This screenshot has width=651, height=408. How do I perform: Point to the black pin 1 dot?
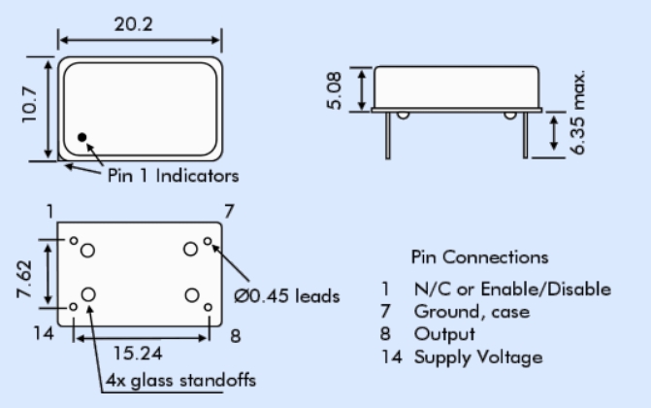[x=82, y=137]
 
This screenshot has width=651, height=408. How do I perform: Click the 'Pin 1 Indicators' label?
[x=171, y=176]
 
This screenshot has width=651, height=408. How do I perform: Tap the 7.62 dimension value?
[x=29, y=273]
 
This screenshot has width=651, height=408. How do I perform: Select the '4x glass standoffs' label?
[x=181, y=380]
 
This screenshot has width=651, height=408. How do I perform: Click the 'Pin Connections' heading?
[x=479, y=257]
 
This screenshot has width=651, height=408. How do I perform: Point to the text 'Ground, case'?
[x=472, y=312]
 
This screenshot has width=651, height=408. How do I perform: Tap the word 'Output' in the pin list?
[x=444, y=334]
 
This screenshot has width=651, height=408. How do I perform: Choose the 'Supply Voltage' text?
[x=478, y=357]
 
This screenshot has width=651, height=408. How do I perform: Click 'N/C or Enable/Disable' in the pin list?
[x=512, y=289]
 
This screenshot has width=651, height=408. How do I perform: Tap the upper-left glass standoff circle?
[x=88, y=251]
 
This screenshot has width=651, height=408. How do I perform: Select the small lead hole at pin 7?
[x=208, y=239]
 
